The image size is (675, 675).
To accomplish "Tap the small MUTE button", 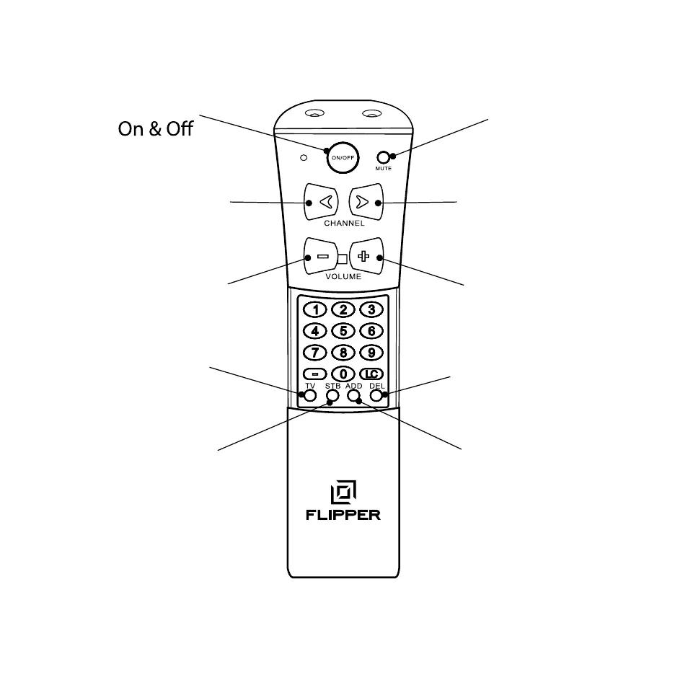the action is [383, 157].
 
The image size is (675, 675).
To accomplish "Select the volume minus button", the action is [321, 257].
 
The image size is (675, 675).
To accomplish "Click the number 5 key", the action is [343, 331].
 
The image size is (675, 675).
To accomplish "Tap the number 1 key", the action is [315, 310].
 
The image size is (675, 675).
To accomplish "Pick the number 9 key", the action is [371, 353].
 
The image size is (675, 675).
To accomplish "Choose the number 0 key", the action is [343, 374].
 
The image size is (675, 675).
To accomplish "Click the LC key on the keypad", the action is [371, 374].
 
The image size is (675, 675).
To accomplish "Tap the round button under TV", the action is [310, 395].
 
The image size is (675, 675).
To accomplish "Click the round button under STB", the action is [332, 395].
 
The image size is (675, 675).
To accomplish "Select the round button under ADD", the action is [353, 395].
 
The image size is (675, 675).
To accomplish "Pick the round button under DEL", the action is [376, 395].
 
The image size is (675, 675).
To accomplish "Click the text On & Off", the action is [156, 130].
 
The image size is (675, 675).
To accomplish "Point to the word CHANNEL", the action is [343, 224].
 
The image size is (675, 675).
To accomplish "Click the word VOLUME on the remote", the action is [343, 276].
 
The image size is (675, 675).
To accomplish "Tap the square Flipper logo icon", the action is [343, 493].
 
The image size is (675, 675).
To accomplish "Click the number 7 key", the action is [315, 353].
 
